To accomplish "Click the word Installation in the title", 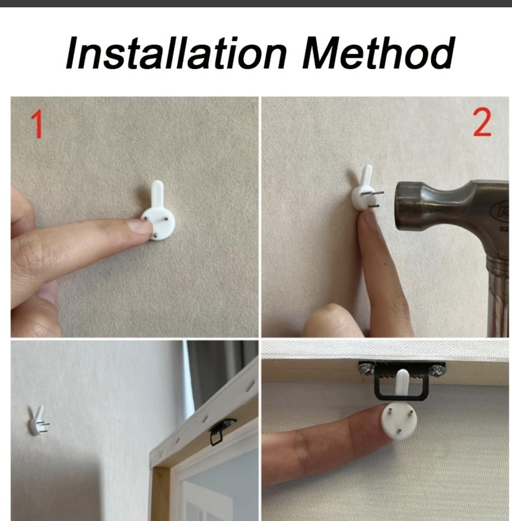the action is click(176, 53).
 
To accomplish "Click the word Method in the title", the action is click(379, 53).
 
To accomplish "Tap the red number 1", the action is click(37, 124).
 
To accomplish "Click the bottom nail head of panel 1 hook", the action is click(156, 236).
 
